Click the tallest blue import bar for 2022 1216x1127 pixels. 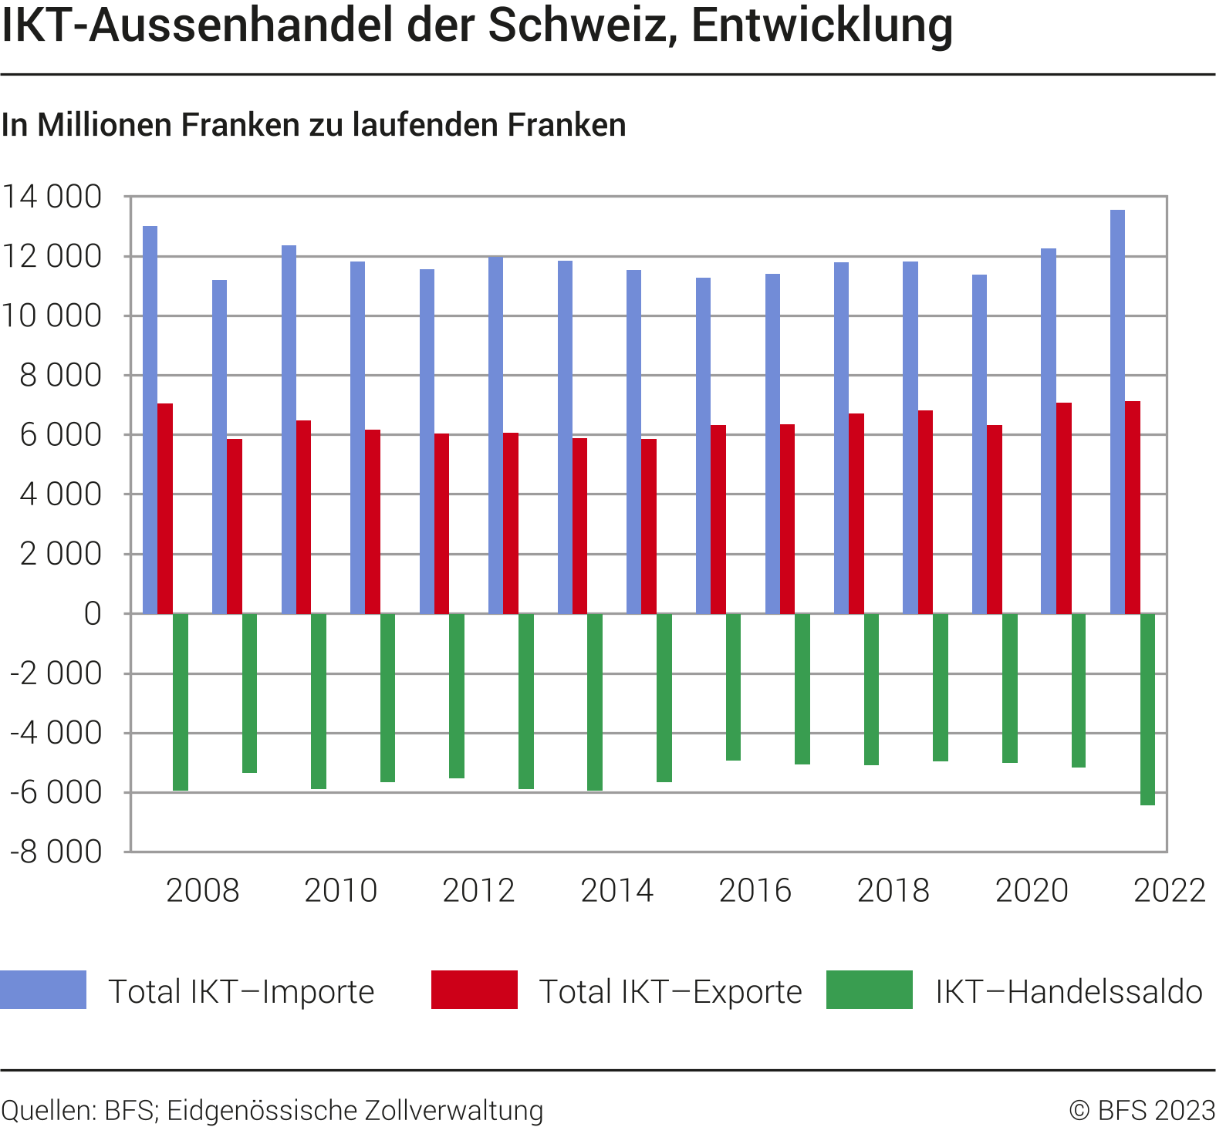(1117, 412)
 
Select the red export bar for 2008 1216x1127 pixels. (165, 508)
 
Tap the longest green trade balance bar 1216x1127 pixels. (1147, 709)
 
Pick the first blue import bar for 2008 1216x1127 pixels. (150, 420)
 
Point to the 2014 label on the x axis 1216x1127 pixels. (616, 890)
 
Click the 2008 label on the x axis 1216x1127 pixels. (203, 890)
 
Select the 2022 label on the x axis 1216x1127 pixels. (1169, 890)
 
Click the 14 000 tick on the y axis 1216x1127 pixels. (52, 197)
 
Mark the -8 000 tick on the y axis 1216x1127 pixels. (56, 852)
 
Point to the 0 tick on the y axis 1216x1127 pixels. (93, 614)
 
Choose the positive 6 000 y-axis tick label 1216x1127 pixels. (61, 435)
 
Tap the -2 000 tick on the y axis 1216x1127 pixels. (56, 673)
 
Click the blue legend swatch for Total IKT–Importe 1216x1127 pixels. (43, 990)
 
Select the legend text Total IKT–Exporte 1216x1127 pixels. (670, 991)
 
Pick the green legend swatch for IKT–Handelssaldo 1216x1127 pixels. (869, 990)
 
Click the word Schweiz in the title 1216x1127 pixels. (576, 25)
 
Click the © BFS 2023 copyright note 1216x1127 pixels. (1141, 1111)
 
